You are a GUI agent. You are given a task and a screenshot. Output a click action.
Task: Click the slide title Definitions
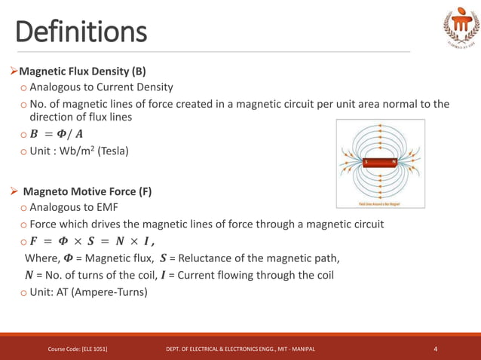point(81,32)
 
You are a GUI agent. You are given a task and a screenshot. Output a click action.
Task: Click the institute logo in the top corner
point(460,29)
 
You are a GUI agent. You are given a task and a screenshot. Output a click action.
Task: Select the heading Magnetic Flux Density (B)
point(82,72)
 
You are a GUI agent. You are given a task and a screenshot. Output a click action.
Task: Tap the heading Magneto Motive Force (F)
point(87,191)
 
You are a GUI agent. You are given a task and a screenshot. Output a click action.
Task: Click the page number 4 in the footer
point(436,349)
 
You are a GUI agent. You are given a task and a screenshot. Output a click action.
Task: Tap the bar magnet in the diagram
point(380,162)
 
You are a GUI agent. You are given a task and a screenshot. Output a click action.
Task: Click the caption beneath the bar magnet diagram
point(380,203)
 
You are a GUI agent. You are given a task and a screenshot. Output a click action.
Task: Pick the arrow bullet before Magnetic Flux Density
point(14,72)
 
